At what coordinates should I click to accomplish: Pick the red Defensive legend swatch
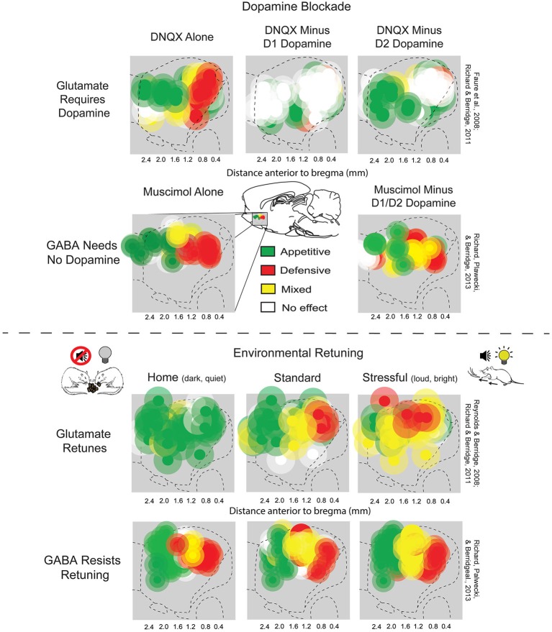(x=269, y=270)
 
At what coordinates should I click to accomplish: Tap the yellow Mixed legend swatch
(x=269, y=288)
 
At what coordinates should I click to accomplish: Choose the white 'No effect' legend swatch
(x=269, y=307)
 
